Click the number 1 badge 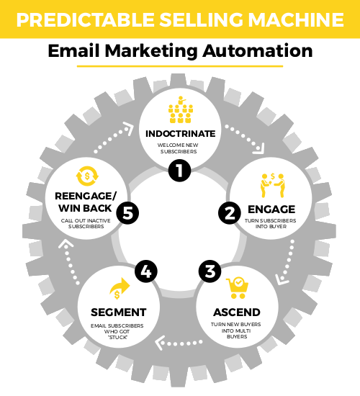[x=179, y=171]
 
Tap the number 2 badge [x=230, y=213]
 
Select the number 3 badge [x=210, y=271]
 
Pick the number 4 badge [x=146, y=271]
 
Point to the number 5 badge [x=127, y=213]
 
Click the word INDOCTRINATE [x=181, y=134]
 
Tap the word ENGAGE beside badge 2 [x=271, y=210]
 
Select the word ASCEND [x=237, y=312]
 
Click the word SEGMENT [x=119, y=312]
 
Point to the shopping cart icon [x=237, y=288]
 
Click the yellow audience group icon [x=181, y=109]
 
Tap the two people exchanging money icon [x=273, y=185]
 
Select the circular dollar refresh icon [x=87, y=176]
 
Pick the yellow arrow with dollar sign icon [x=120, y=289]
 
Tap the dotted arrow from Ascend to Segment [x=179, y=343]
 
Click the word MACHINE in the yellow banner [x=296, y=19]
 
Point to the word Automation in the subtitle [x=258, y=51]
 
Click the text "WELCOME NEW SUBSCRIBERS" [x=178, y=148]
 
